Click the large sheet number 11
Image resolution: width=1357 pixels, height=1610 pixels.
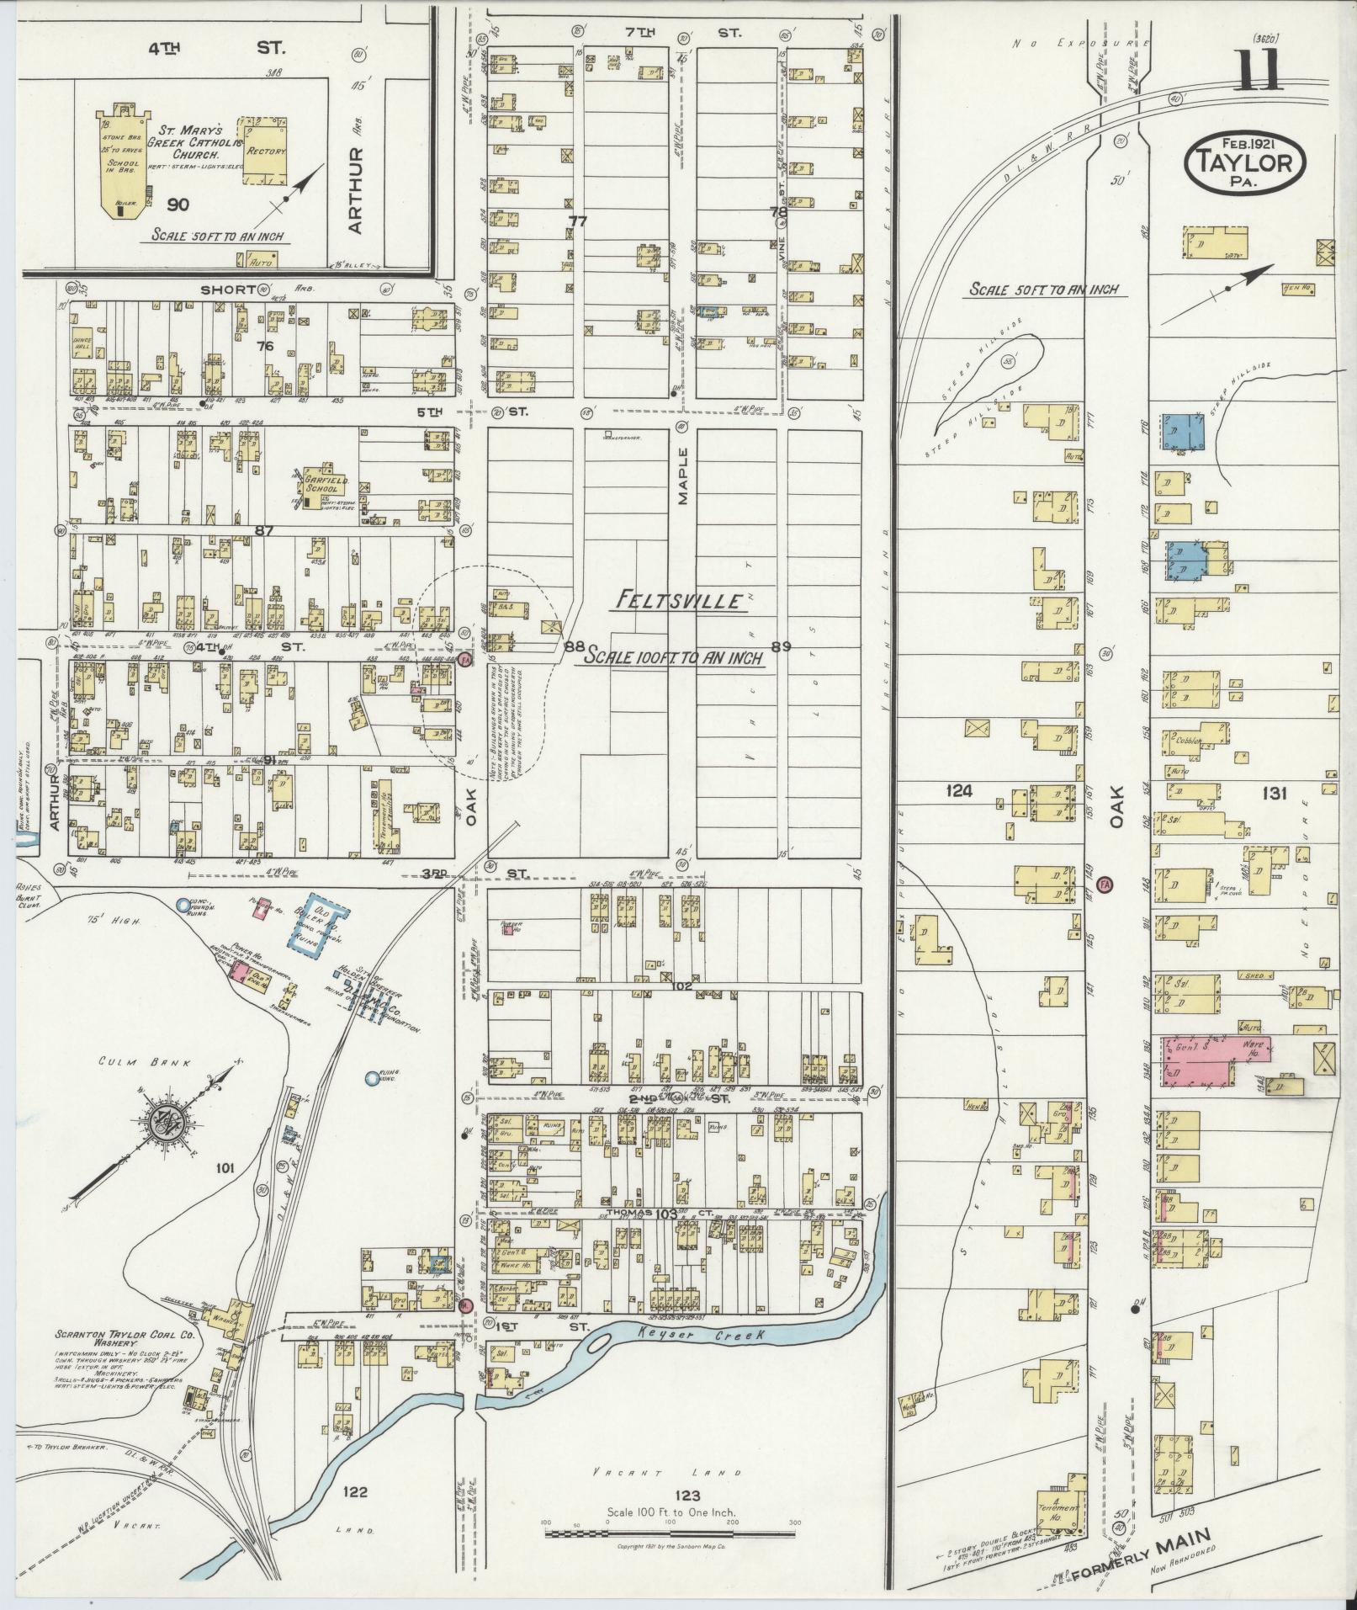[1259, 69]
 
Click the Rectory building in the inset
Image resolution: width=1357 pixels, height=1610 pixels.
[265, 151]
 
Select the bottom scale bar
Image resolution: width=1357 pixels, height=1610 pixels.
[670, 1535]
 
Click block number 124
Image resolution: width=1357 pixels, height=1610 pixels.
[959, 791]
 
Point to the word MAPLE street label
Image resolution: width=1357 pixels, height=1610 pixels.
[683, 476]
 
